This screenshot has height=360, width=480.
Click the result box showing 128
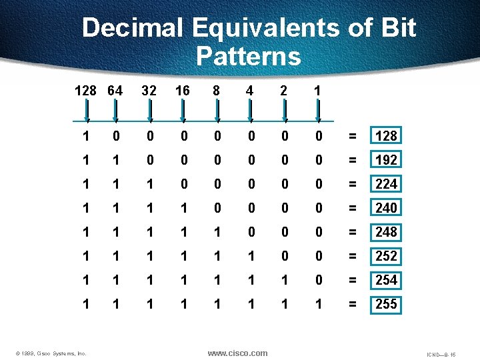tap(386, 136)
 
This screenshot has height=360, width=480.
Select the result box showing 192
tap(386, 160)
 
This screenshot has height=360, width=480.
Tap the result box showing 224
tap(386, 184)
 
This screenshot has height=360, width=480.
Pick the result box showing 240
tap(386, 208)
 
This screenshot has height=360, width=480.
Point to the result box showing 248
tap(386, 232)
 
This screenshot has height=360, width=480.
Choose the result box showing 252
tap(386, 256)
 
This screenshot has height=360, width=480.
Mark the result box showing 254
tap(386, 280)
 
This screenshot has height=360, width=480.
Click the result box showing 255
tap(386, 304)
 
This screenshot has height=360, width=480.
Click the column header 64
tap(115, 89)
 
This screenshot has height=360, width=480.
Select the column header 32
tap(149, 89)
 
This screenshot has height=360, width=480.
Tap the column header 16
tap(183, 89)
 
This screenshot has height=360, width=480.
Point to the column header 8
tap(217, 89)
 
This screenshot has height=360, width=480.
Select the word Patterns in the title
tap(248, 56)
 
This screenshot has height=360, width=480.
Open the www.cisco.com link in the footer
tap(237, 353)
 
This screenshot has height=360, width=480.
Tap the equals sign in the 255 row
tap(353, 304)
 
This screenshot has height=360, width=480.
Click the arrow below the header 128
tap(87, 110)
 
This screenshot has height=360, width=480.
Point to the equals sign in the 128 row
tap(353, 136)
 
